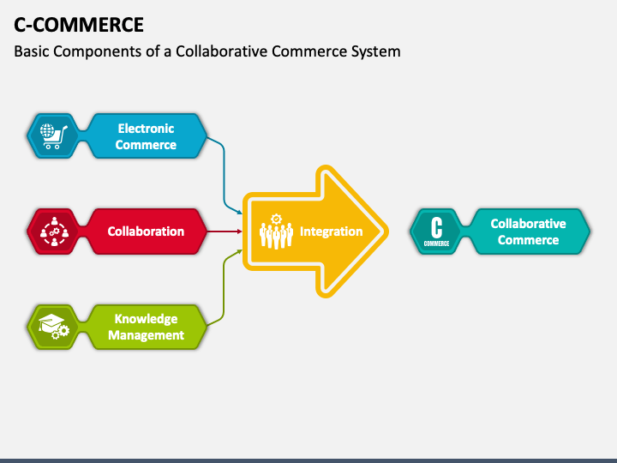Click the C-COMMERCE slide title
(79, 25)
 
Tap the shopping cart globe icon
(53, 136)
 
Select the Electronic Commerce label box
(146, 136)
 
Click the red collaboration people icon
(54, 231)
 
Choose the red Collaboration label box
(146, 231)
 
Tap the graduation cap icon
(53, 327)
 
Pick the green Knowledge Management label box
(146, 328)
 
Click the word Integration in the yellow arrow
(332, 231)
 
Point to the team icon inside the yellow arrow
(276, 231)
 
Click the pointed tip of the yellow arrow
(388, 231)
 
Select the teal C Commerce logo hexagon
(437, 231)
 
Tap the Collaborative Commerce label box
(529, 231)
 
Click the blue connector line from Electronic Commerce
(225, 173)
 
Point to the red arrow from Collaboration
(225, 231)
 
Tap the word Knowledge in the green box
(146, 318)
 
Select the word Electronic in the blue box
(146, 129)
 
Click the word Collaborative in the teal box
(529, 224)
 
